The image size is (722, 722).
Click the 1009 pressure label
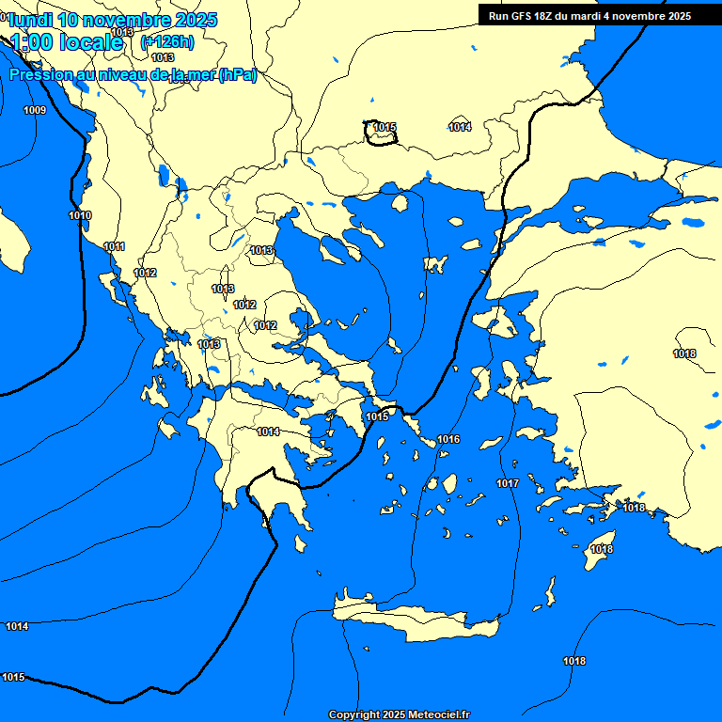point(35,110)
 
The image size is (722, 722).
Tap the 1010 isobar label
point(80,215)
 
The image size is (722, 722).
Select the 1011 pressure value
point(114,246)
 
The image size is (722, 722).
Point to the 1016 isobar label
point(448,439)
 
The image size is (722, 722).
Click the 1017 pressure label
point(508,483)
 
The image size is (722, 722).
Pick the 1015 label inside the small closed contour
point(384,127)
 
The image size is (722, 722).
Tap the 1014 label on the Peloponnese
point(268,432)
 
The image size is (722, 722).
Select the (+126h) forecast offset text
point(167,41)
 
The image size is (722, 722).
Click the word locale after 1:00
point(90,41)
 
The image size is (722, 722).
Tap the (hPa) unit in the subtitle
point(237,75)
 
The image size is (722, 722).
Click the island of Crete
point(414,620)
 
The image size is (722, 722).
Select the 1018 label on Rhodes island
point(602,549)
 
